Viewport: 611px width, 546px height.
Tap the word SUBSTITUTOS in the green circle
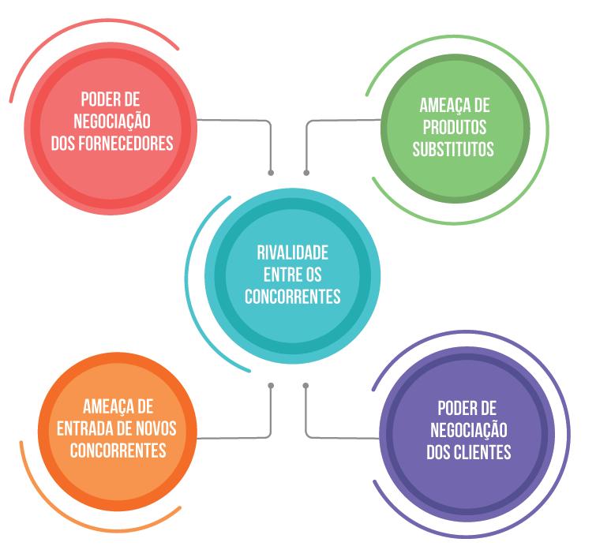tap(453, 148)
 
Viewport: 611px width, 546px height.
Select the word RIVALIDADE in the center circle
tap(292, 254)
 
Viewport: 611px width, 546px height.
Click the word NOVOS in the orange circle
tap(154, 428)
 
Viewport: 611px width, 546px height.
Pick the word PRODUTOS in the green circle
tap(453, 126)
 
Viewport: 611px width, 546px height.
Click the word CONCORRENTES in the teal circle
tap(292, 297)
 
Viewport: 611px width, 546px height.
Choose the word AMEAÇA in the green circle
tap(443, 106)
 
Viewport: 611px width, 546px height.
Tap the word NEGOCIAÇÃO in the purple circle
tap(468, 430)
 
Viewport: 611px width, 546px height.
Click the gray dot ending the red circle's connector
tap(271, 171)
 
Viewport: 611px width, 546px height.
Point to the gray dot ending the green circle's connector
tap(306, 171)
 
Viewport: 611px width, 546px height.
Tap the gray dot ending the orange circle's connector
tap(271, 386)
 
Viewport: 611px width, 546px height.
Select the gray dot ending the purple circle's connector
tap(306, 386)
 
